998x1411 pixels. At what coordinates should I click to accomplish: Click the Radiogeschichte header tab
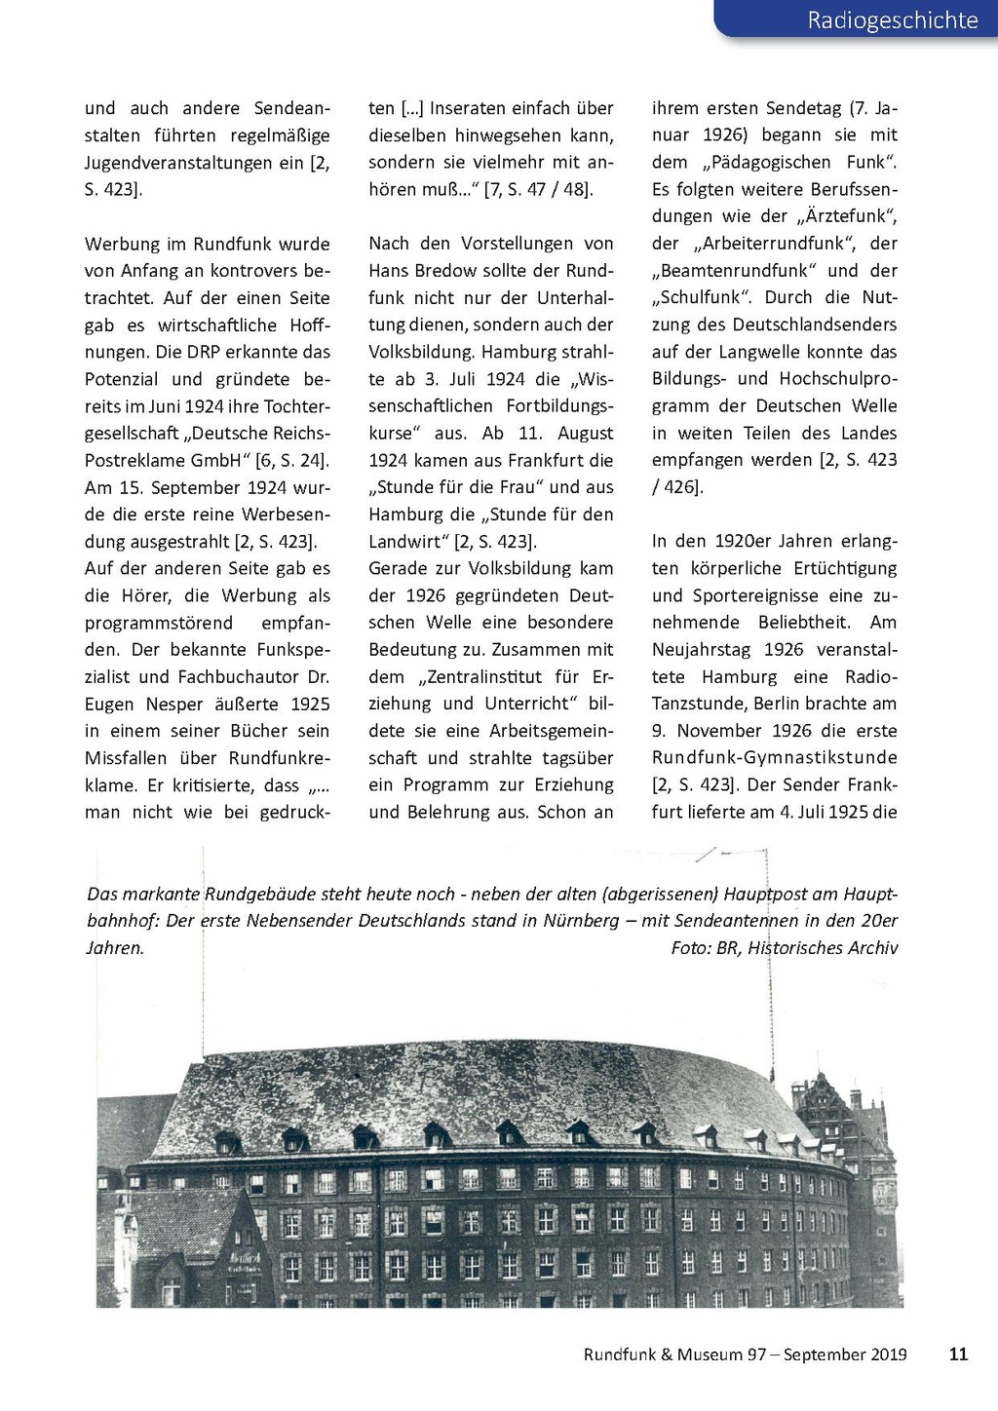coord(892,19)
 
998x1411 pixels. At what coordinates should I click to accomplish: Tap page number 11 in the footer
coord(958,1354)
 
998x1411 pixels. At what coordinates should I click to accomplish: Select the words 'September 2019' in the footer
coord(845,1354)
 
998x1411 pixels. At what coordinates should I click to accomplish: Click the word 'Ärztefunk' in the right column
coord(845,216)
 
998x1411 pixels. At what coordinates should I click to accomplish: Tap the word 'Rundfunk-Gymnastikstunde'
coord(775,758)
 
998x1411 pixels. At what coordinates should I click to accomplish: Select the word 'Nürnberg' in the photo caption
coord(581,921)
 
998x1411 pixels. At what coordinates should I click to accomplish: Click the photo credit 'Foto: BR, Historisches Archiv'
coord(784,948)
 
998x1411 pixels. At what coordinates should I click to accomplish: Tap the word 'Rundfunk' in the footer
coord(619,1354)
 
